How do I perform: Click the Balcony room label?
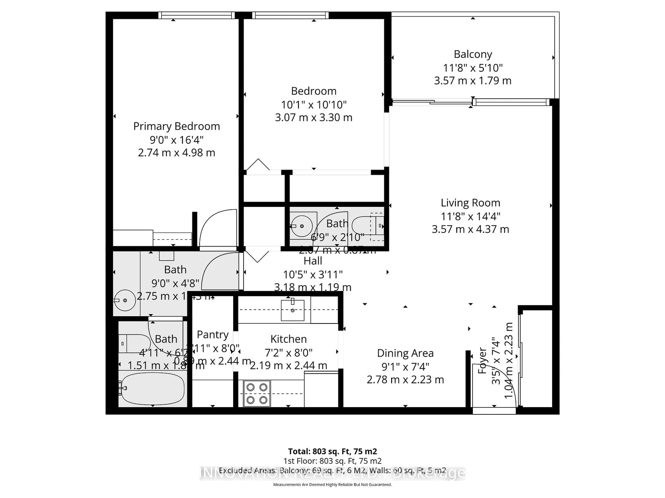pos(473,54)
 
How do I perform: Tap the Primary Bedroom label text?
pos(176,126)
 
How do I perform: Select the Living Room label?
pos(470,203)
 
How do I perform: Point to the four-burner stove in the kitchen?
pos(257,393)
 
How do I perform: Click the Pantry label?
pos(212,334)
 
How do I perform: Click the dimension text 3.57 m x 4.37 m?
pos(470,229)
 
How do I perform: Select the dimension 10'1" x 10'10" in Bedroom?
pos(314,105)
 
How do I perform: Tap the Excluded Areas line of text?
pos(332,470)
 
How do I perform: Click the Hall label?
pos(313,261)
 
